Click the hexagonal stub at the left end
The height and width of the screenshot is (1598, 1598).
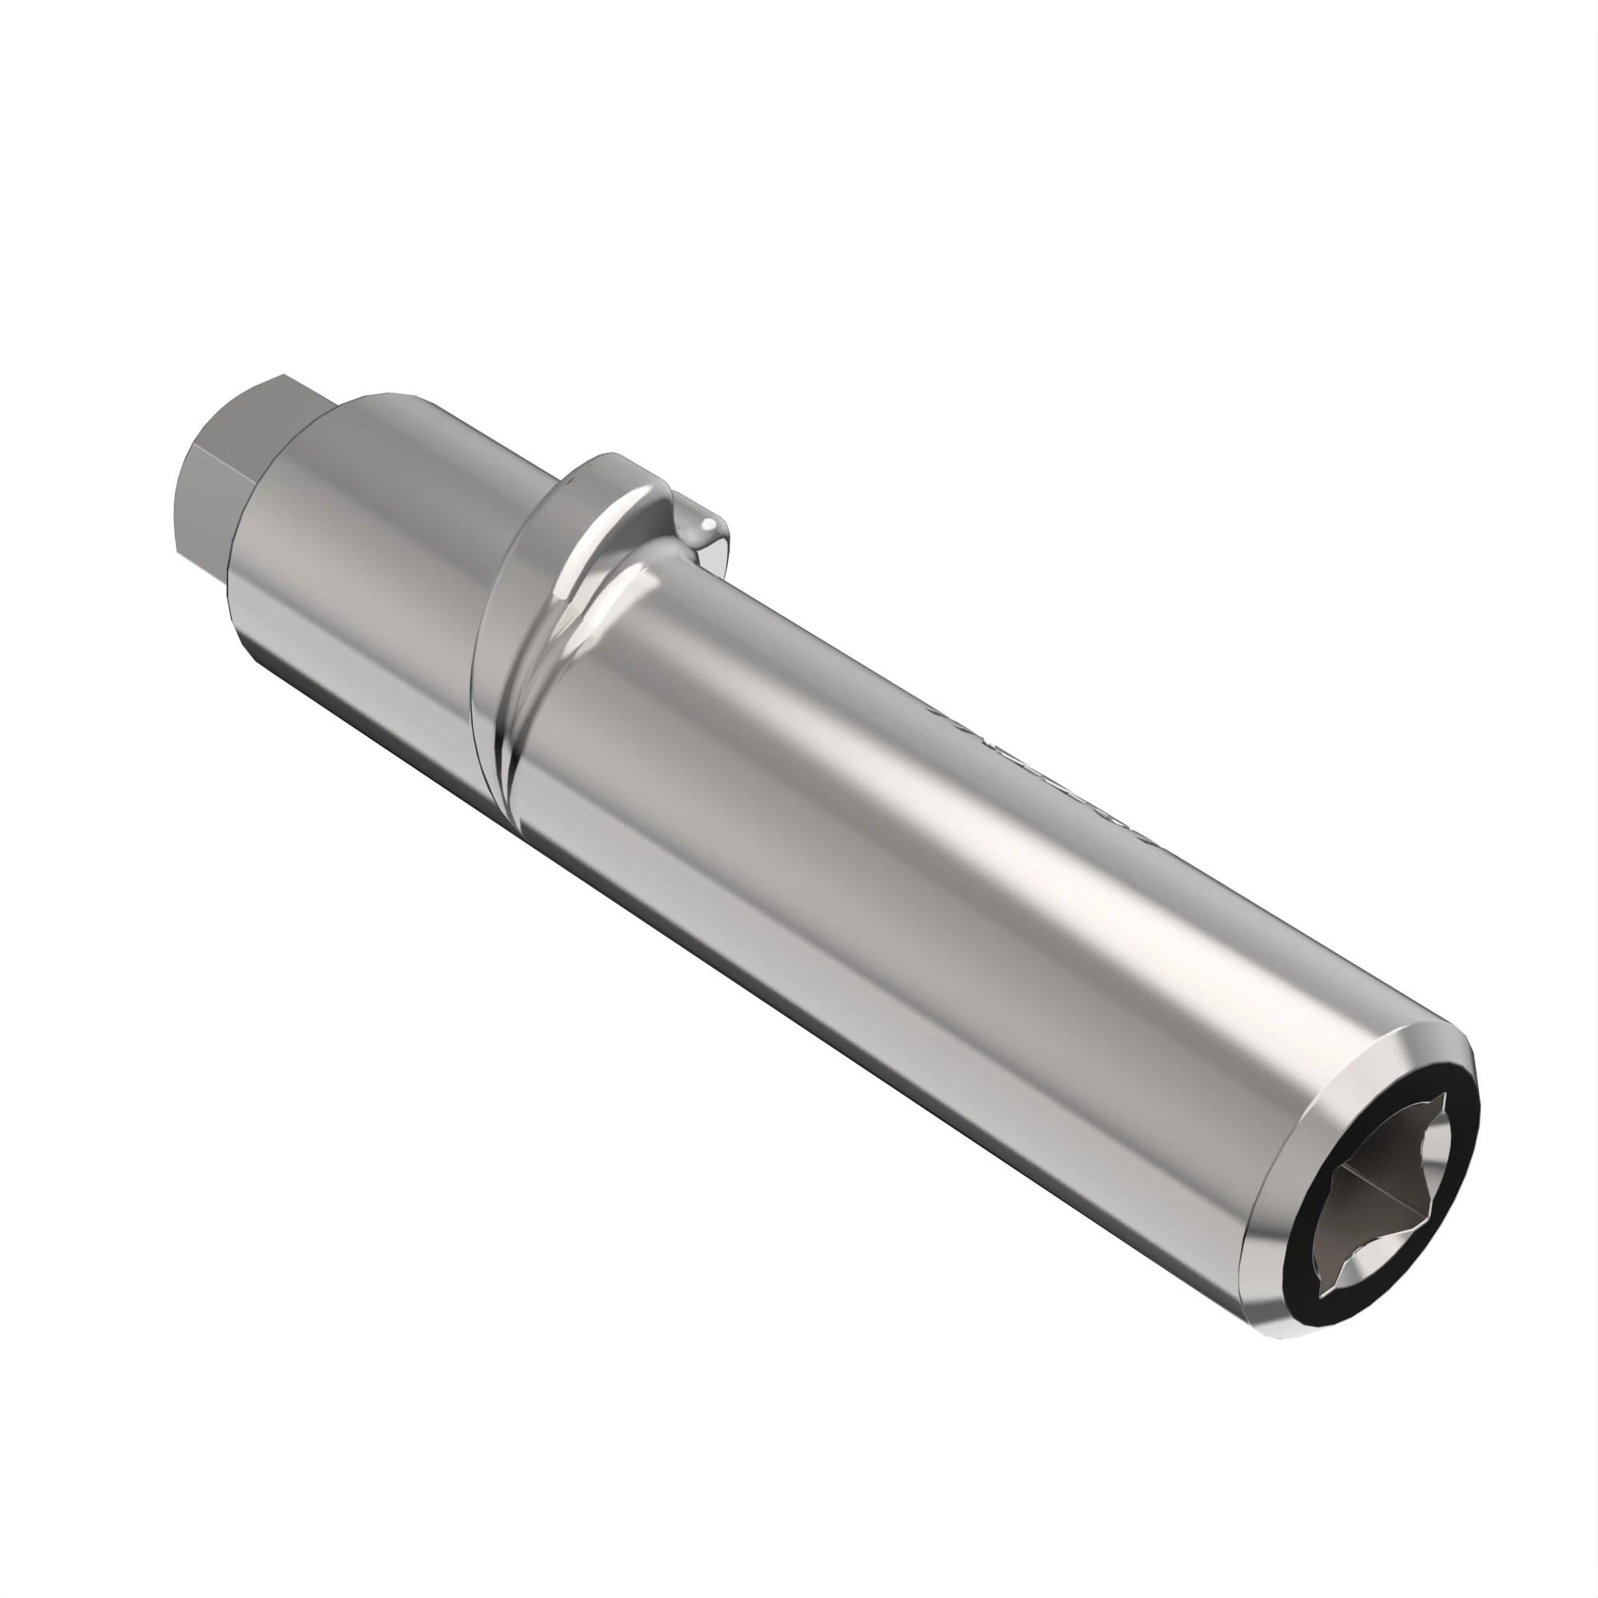[x=240, y=463]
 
